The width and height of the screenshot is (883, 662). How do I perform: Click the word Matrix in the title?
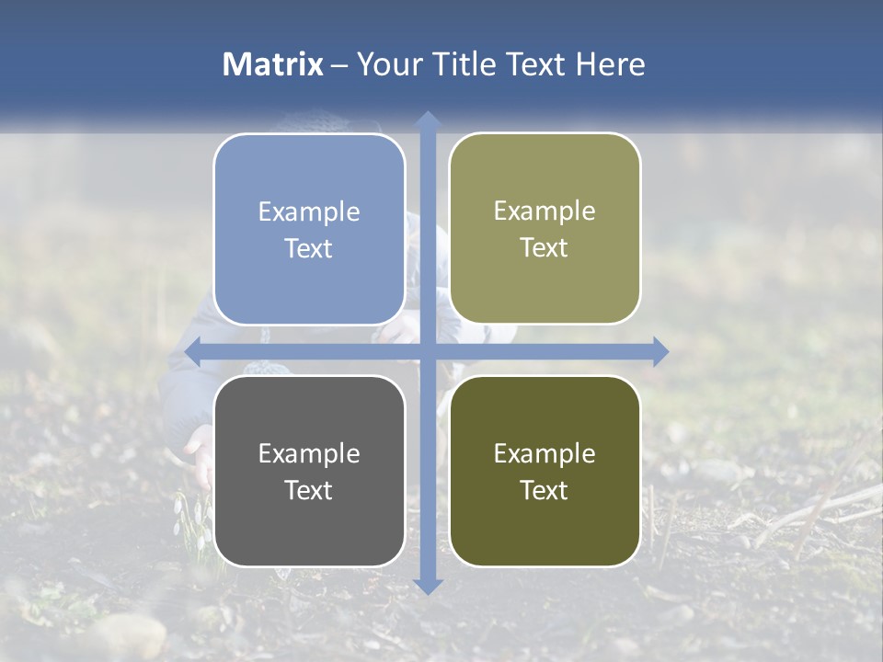point(273,64)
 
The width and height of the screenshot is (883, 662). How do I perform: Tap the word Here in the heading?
point(610,64)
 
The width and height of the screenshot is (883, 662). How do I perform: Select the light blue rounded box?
point(309,230)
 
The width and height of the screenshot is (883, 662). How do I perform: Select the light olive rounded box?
point(545,229)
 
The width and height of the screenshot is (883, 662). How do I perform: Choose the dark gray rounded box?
point(309,471)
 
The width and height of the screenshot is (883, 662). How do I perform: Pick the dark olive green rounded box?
point(545,471)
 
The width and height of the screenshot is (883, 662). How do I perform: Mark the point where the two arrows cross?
point(427,351)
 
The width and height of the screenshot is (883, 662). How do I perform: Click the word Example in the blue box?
point(309,212)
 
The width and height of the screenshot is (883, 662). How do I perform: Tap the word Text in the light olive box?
point(545,248)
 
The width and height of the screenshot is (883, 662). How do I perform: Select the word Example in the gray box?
point(309,453)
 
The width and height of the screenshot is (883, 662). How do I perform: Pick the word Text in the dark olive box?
point(545,490)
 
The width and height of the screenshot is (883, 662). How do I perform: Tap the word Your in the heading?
point(386,64)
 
